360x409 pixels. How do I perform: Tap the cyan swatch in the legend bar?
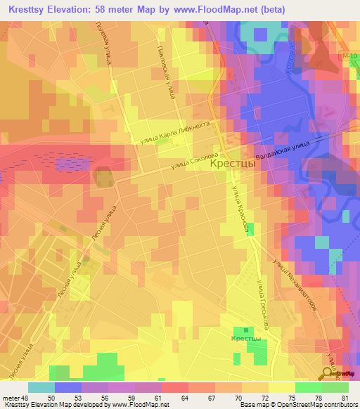(x=41, y=387)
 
